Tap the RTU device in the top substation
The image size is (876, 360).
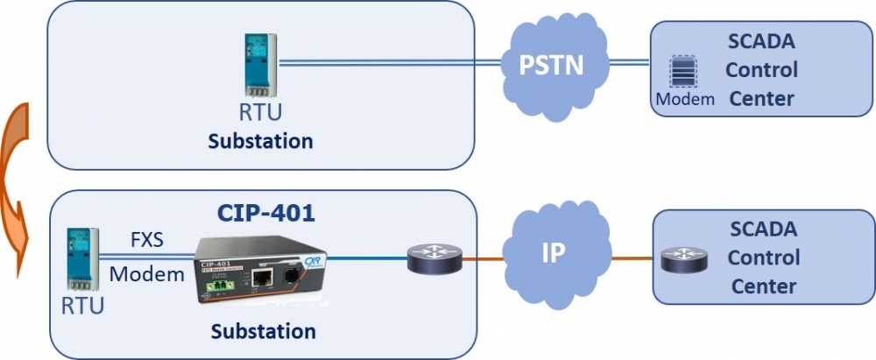click(x=261, y=66)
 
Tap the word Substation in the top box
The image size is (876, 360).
click(x=260, y=141)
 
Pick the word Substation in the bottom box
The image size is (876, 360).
click(x=263, y=331)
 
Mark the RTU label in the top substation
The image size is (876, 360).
click(x=261, y=114)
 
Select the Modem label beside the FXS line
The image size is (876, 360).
click(x=146, y=274)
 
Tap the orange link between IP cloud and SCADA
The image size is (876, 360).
click(x=631, y=258)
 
